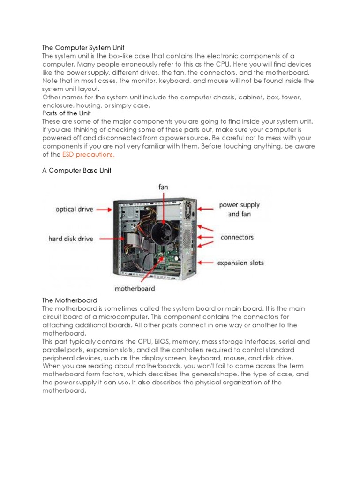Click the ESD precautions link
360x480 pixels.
tap(88, 155)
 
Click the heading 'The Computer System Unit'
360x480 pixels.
tap(83, 47)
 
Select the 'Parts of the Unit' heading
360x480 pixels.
tap(67, 113)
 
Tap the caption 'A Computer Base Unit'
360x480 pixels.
tap(77, 171)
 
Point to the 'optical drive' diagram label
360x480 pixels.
tap(74, 210)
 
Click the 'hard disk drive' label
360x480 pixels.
tap(71, 239)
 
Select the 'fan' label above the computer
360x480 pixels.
tap(163, 187)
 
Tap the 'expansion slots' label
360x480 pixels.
tap(240, 263)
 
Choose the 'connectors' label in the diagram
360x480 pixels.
tap(237, 237)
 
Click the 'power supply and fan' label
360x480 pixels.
tap(239, 210)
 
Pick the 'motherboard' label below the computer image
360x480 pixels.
tap(135, 288)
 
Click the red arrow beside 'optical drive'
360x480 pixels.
tap(105, 210)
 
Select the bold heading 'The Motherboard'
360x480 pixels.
tap(70, 300)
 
